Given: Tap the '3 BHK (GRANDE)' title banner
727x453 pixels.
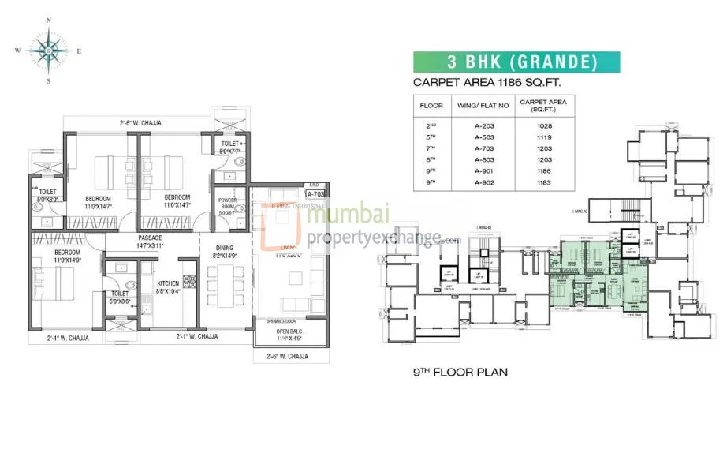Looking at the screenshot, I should pyautogui.click(x=516, y=62).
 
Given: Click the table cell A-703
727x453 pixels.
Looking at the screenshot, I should pyautogui.click(x=484, y=148).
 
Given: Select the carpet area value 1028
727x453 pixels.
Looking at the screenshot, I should pyautogui.click(x=544, y=125).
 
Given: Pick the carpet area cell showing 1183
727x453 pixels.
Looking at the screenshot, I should pyautogui.click(x=544, y=182).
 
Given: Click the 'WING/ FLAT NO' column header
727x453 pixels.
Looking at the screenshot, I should pyautogui.click(x=484, y=104).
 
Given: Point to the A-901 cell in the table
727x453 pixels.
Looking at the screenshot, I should pyautogui.click(x=484, y=170).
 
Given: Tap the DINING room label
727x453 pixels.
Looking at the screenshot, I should pyautogui.click(x=224, y=248).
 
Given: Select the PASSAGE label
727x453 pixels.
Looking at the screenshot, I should pyautogui.click(x=150, y=238).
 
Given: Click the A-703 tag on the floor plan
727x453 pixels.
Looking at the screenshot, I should pyautogui.click(x=316, y=193).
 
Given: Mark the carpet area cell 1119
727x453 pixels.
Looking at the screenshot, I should pyautogui.click(x=544, y=137).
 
